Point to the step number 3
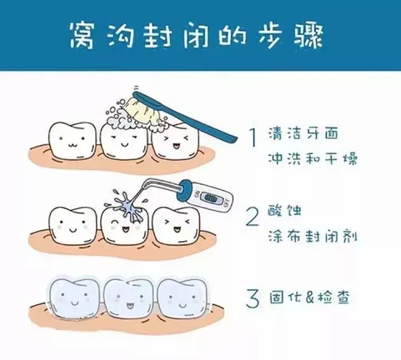click(253, 299)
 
